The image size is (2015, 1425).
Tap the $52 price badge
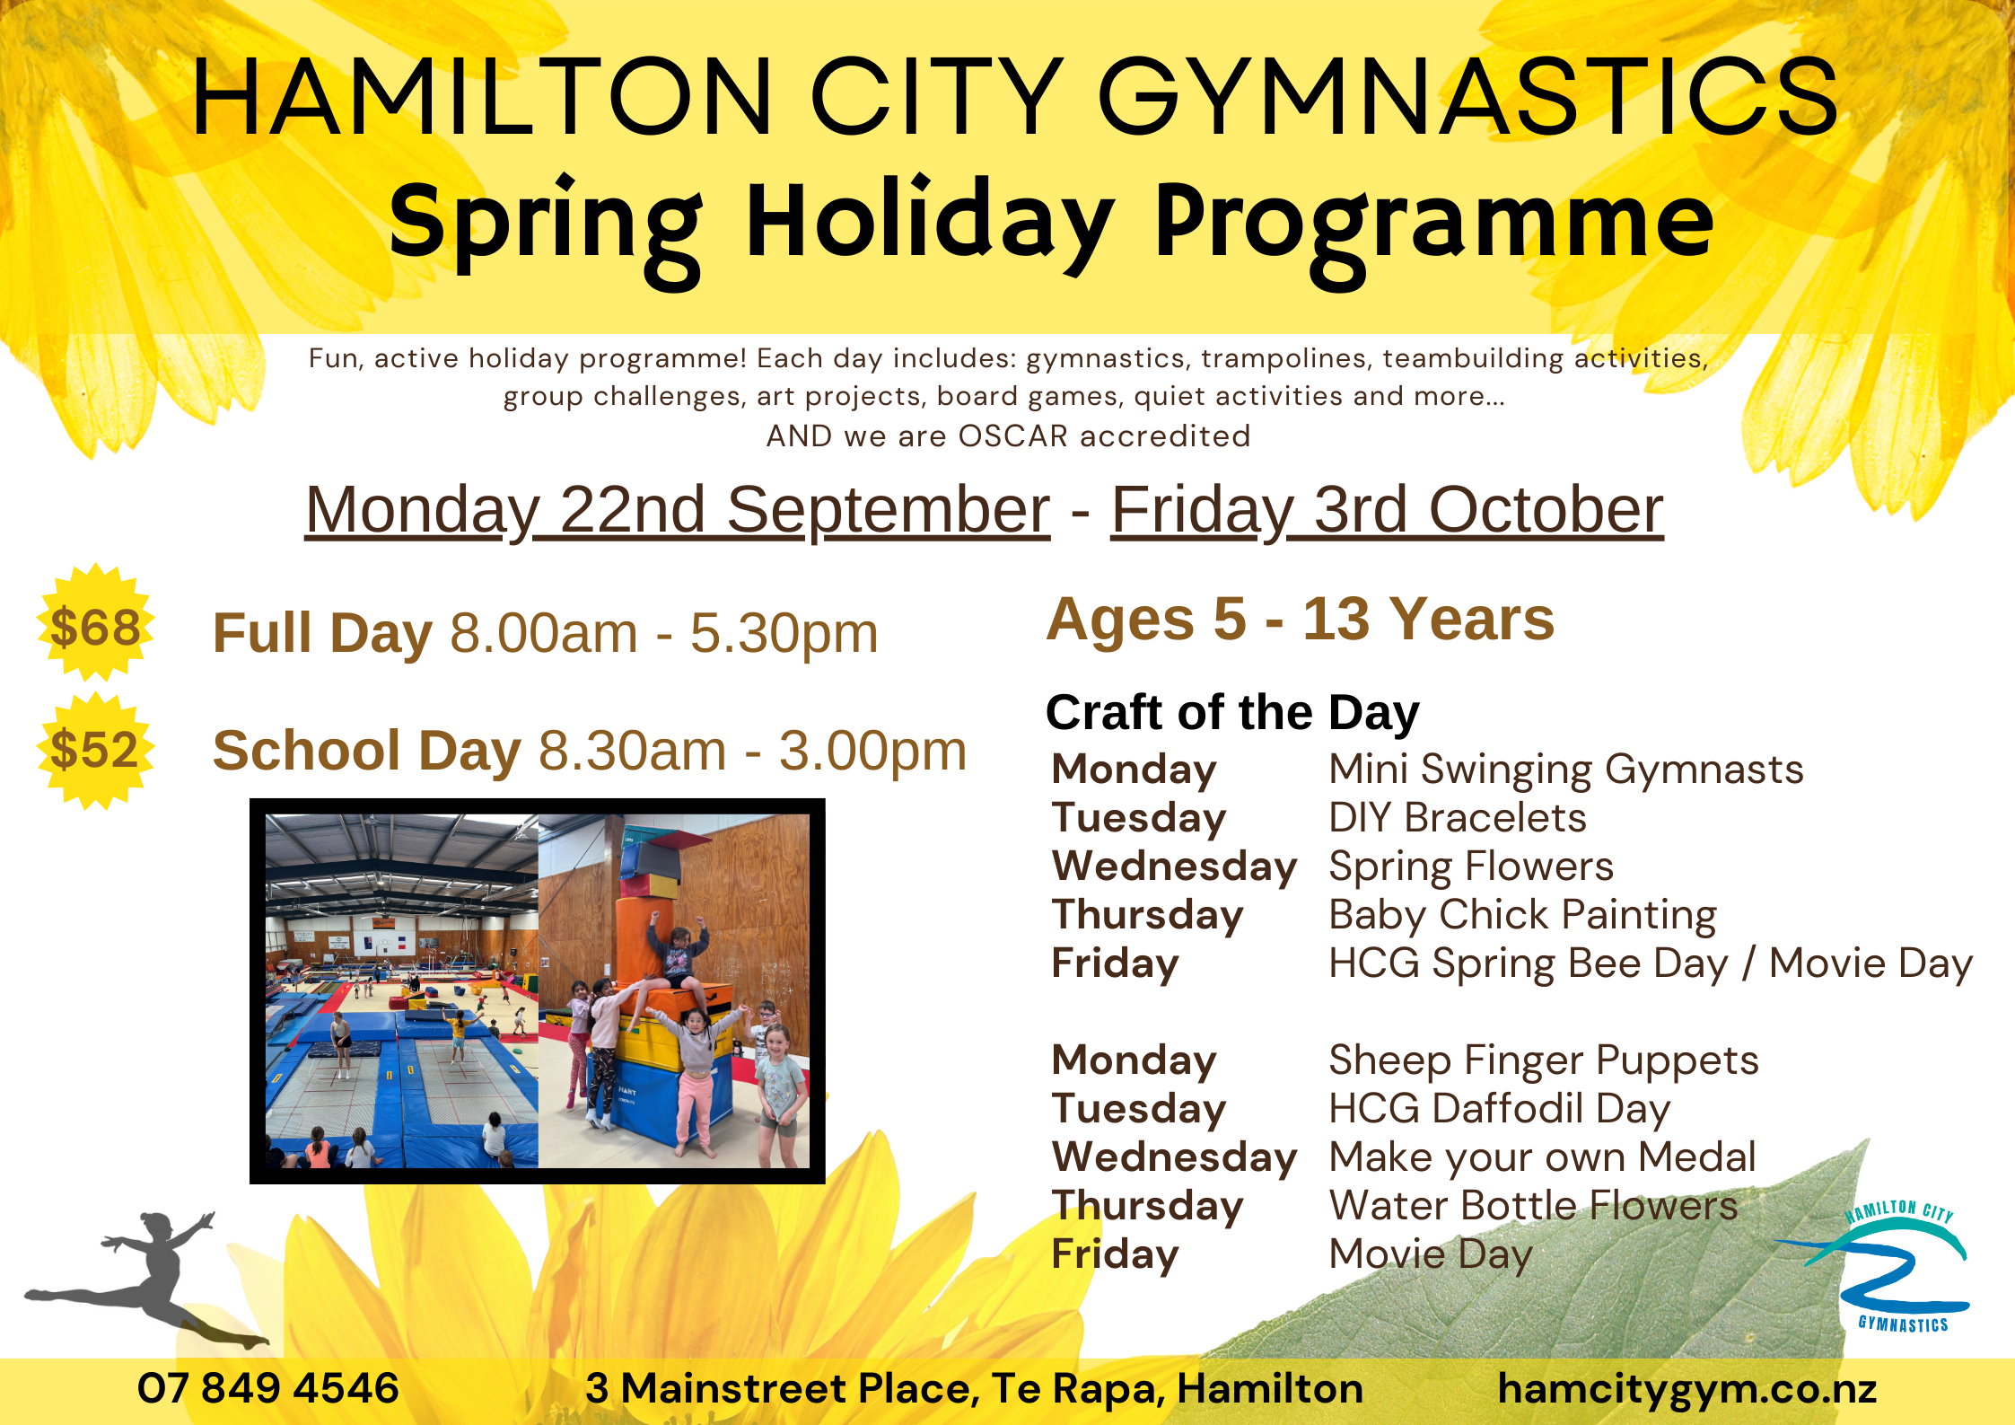[95, 751]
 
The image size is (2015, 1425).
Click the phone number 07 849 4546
[267, 1388]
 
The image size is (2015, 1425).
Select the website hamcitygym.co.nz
[1687, 1389]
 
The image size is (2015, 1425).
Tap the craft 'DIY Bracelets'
[1458, 818]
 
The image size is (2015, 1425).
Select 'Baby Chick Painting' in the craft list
[1522, 915]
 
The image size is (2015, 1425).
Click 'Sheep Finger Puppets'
[1544, 1060]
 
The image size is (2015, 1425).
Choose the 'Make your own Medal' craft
[1542, 1157]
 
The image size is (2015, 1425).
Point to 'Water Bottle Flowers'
[1533, 1206]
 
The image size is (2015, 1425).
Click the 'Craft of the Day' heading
[1232, 713]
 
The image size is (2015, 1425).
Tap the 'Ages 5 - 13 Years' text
[1301, 620]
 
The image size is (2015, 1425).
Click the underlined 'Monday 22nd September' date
[678, 510]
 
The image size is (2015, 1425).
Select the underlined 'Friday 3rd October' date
[1388, 510]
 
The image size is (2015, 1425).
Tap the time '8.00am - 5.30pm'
[664, 634]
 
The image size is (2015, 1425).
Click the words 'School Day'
[366, 751]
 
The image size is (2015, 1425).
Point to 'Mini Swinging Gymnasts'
[1566, 770]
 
